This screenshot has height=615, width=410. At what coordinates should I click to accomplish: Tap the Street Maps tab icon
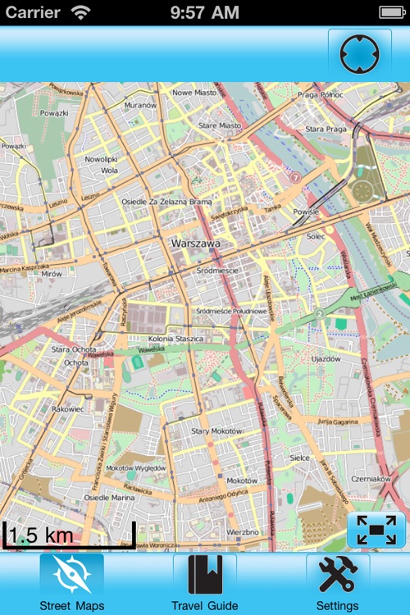(71, 576)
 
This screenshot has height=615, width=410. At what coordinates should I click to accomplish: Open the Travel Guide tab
(205, 576)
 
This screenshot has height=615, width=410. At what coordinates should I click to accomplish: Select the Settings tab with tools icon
(338, 576)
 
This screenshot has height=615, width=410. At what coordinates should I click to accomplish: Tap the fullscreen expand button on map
(376, 531)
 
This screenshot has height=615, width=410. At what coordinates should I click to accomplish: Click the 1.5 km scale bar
(69, 535)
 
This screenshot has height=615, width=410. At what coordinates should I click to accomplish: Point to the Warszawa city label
(201, 244)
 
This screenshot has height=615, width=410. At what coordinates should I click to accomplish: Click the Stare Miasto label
(220, 125)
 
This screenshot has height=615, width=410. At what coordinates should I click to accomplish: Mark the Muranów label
(139, 105)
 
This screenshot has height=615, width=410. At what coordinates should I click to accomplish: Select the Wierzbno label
(242, 531)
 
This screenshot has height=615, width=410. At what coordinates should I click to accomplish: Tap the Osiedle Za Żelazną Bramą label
(166, 201)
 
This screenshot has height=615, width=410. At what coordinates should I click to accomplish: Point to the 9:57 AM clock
(205, 12)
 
